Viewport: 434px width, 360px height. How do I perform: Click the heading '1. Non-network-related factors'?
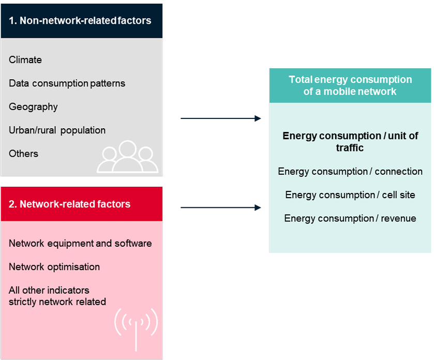(80, 21)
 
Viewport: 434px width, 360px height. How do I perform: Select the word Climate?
(25, 60)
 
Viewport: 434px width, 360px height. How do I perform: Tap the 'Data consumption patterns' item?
(67, 84)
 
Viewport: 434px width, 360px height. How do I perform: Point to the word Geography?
(33, 107)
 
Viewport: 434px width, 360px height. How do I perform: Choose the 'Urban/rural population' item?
(57, 130)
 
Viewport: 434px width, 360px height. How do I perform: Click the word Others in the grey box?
(23, 154)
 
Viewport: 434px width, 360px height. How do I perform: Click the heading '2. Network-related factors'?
(69, 204)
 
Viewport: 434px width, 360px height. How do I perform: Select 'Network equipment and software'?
(80, 244)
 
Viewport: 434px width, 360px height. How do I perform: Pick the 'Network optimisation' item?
(54, 267)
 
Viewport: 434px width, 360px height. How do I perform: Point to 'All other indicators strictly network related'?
(57, 296)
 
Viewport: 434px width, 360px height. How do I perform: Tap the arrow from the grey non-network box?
(221, 118)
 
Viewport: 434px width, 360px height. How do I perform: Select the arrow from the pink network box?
(221, 207)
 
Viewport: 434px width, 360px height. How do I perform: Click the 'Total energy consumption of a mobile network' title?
(350, 85)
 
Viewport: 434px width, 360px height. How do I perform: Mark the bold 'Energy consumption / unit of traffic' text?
(350, 142)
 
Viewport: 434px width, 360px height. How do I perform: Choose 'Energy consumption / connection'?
(350, 172)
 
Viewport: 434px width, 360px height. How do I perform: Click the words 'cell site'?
(399, 195)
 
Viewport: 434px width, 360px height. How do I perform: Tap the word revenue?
(399, 218)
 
